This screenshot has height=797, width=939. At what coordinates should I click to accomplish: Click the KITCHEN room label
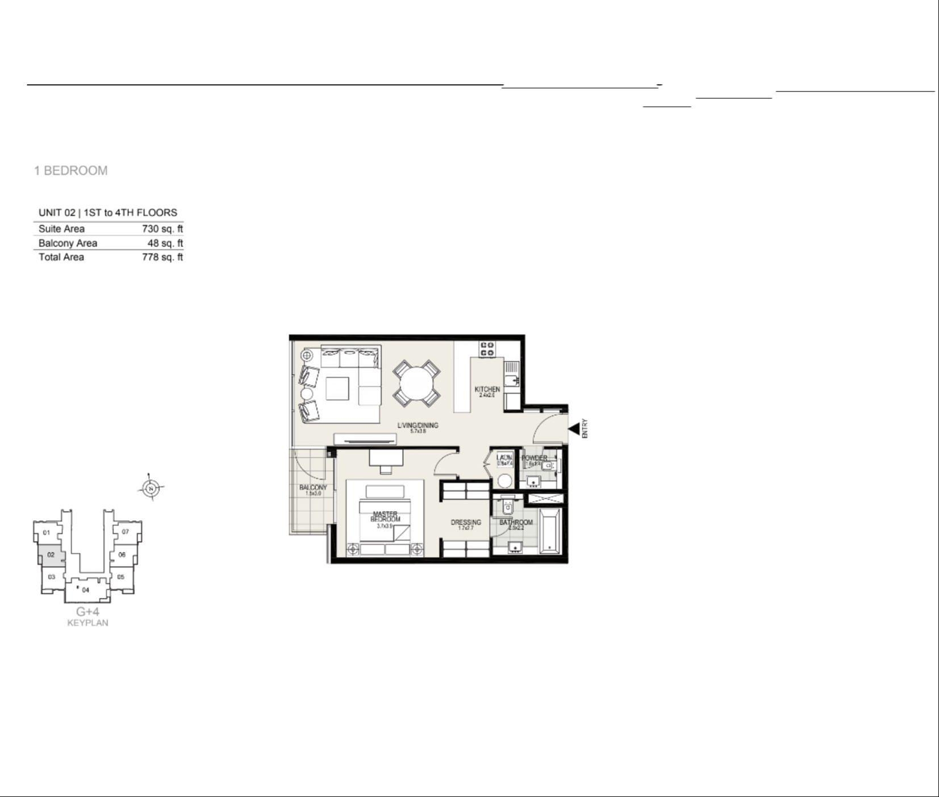[487, 389]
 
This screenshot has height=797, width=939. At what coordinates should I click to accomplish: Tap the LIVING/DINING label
[418, 425]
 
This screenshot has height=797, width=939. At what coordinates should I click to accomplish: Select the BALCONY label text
[313, 487]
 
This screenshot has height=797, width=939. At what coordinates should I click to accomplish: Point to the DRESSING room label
[466, 522]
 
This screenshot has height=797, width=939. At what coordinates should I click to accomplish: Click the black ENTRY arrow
[574, 429]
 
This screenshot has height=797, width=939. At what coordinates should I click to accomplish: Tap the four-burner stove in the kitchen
[487, 349]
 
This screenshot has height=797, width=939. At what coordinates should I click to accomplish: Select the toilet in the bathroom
[508, 507]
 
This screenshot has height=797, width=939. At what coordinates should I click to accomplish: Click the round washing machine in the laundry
[505, 481]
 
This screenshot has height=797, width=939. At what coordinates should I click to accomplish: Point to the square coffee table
[337, 389]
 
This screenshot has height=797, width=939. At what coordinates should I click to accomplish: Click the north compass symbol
[151, 487]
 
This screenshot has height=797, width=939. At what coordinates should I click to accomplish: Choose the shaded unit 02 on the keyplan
[51, 555]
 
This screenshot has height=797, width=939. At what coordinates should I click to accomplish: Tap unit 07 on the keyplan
[126, 532]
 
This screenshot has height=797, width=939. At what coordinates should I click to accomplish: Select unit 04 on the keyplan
[86, 590]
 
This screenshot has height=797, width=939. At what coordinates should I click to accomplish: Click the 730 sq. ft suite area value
[162, 229]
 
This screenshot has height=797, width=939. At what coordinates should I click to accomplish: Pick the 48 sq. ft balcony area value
[165, 243]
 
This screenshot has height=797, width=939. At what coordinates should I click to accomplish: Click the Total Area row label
[61, 257]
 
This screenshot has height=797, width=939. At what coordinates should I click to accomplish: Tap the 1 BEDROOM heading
[71, 170]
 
